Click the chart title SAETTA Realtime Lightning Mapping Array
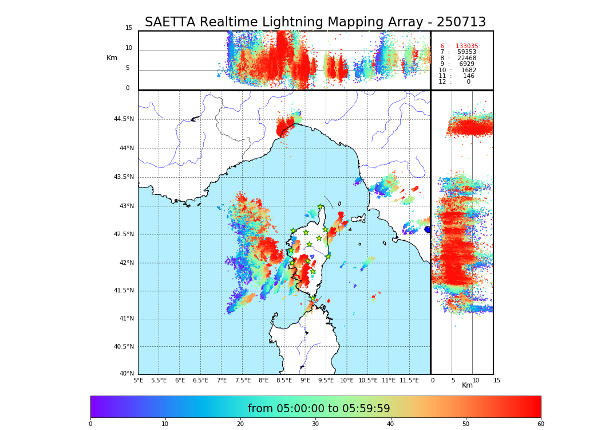click(315, 22)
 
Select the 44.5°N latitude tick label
click(123, 119)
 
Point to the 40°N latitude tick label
click(126, 374)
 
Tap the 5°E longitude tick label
click(138, 380)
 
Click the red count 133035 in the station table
click(466, 46)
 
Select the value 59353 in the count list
click(466, 52)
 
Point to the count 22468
click(466, 58)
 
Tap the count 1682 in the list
click(468, 71)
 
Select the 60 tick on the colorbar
click(540, 424)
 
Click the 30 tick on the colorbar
click(315, 424)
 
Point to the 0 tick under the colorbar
click(90, 424)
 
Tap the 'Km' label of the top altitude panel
click(112, 58)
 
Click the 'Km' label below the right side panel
click(467, 385)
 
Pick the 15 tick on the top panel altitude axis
click(129, 28)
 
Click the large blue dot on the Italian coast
click(428, 229)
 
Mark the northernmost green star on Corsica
click(321, 207)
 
